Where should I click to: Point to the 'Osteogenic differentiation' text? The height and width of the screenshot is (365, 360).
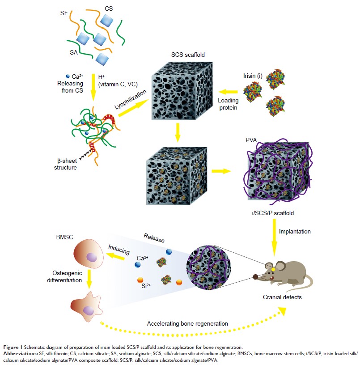click(x=72, y=276)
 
